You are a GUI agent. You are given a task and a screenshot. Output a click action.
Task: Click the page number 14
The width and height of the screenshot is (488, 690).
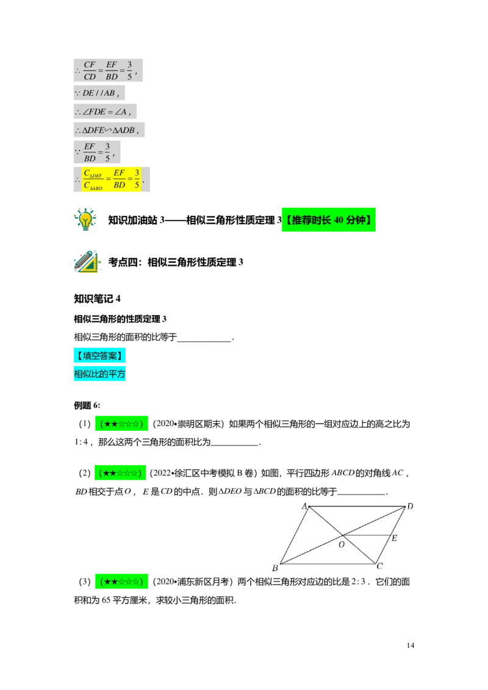click(x=410, y=645)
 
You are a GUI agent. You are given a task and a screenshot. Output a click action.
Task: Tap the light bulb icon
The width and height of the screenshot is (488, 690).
click(x=85, y=219)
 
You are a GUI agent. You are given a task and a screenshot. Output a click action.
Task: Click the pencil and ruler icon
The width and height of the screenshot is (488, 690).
click(x=87, y=261)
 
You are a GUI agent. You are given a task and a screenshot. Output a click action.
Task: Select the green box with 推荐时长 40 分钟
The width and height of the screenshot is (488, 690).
click(x=329, y=219)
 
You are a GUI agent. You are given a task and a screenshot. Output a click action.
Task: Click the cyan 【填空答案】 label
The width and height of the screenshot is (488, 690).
click(x=99, y=355)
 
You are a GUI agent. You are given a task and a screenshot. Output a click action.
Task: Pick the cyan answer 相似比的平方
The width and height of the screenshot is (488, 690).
click(x=99, y=374)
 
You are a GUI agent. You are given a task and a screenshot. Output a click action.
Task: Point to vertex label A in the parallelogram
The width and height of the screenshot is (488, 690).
click(x=304, y=507)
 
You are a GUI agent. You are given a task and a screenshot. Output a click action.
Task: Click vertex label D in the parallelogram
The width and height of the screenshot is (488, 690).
click(x=410, y=507)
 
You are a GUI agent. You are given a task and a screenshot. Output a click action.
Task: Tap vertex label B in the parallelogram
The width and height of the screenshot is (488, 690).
click(x=275, y=568)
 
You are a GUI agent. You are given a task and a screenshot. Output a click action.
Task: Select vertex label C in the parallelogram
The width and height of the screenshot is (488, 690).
click(x=379, y=566)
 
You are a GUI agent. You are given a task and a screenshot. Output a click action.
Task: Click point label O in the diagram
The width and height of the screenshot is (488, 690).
click(x=342, y=545)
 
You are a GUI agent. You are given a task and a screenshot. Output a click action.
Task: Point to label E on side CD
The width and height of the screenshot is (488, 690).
click(x=394, y=538)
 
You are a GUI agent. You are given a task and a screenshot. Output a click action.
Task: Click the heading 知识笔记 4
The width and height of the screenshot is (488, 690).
click(x=97, y=299)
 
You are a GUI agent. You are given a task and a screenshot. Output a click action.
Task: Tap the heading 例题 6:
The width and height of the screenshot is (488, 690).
click(x=87, y=405)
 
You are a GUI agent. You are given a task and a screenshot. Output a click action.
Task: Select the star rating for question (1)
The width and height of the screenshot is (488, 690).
click(x=121, y=424)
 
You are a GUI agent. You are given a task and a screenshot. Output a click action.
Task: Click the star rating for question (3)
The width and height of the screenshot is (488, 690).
click(x=121, y=582)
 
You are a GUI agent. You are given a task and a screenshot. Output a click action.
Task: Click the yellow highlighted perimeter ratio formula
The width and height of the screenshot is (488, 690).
click(x=112, y=179)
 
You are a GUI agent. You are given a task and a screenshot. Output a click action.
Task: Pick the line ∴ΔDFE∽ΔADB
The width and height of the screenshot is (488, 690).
click(x=109, y=130)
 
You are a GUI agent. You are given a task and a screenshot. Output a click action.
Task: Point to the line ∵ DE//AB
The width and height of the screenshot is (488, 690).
click(x=99, y=93)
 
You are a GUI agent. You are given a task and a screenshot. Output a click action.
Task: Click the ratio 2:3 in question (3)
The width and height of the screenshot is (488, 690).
click(x=359, y=582)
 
